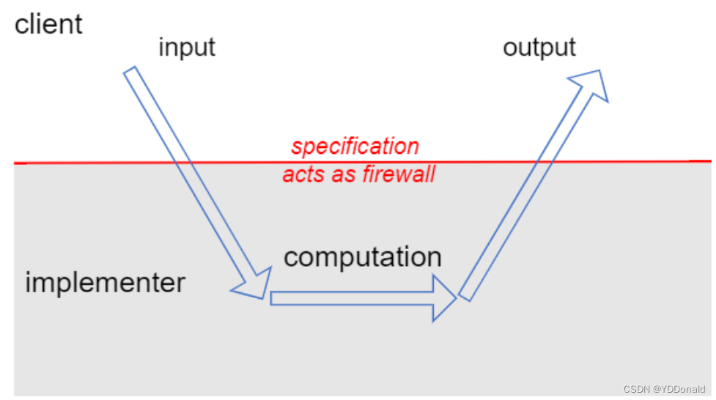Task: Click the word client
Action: (x=48, y=24)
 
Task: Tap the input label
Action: (x=187, y=48)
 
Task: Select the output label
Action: (x=539, y=48)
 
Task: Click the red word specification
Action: (x=355, y=146)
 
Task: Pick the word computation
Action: (x=363, y=257)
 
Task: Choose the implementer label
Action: (x=106, y=282)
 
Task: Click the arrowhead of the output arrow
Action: (x=592, y=85)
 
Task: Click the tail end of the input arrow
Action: (x=130, y=73)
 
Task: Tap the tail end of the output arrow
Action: (x=465, y=295)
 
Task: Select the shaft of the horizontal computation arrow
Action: (x=352, y=298)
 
